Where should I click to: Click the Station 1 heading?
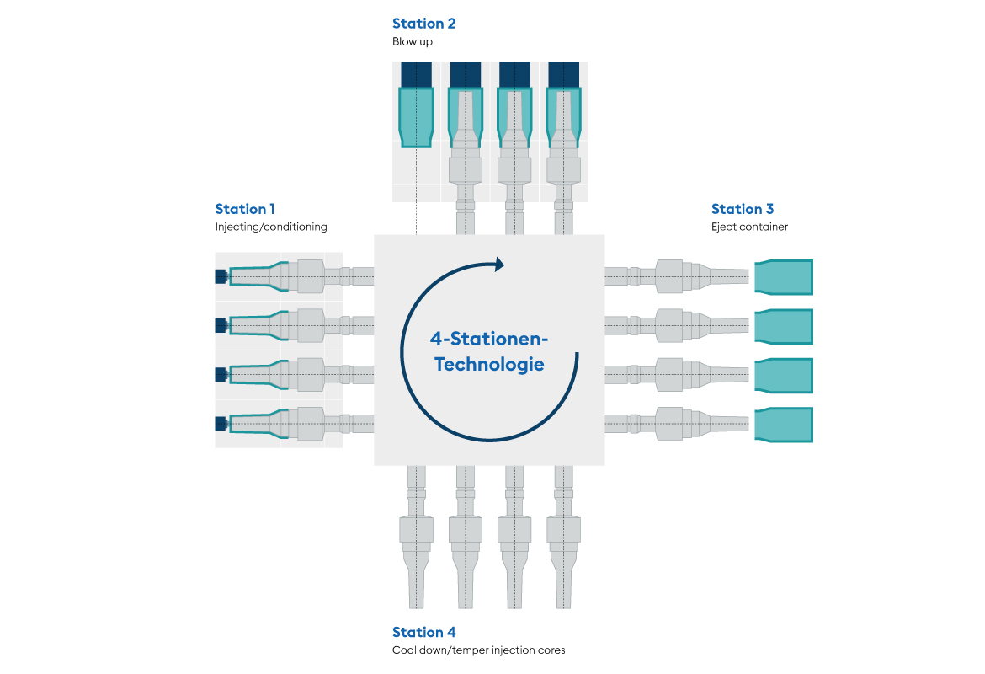tap(245, 209)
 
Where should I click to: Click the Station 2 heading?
tap(423, 24)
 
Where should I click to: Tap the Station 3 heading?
tap(742, 209)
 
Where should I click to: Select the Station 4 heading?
tap(423, 632)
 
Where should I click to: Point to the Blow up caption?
tap(412, 42)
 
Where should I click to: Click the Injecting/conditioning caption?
tap(271, 227)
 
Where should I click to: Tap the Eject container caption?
tap(749, 227)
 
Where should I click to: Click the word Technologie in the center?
tap(489, 366)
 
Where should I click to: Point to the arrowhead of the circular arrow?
tap(499, 265)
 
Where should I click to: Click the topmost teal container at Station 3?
tap(784, 277)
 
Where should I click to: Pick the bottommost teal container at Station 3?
tap(784, 424)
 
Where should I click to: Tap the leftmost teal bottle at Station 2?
tap(416, 116)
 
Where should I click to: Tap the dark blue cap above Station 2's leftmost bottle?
tap(416, 74)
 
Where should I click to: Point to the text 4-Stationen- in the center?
tap(489, 339)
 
